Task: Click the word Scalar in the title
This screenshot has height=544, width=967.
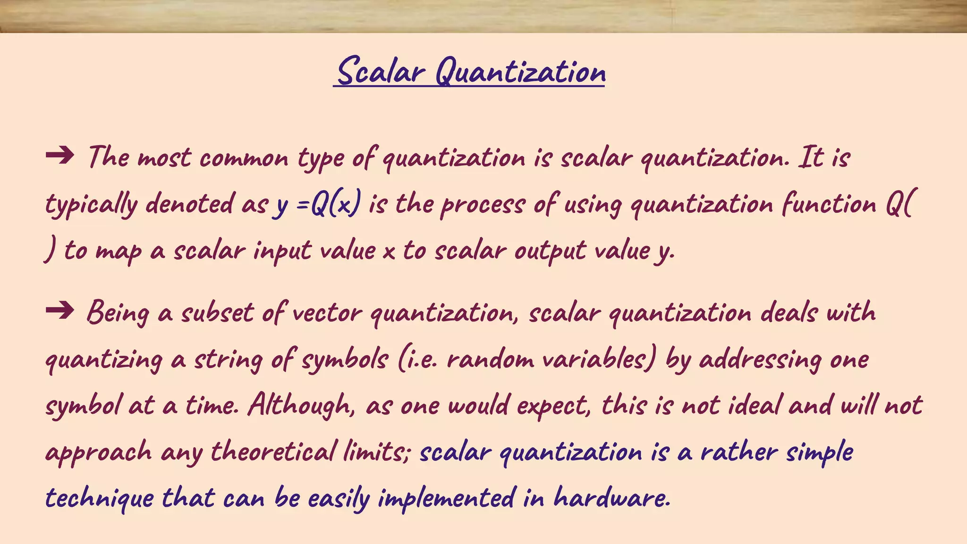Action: (382, 72)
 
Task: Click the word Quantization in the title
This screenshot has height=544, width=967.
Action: (520, 72)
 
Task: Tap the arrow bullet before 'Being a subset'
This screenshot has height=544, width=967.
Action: (60, 310)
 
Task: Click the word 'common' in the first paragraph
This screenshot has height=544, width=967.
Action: (244, 158)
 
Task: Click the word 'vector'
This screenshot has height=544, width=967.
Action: (327, 313)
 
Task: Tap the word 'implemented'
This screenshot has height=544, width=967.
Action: (446, 499)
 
